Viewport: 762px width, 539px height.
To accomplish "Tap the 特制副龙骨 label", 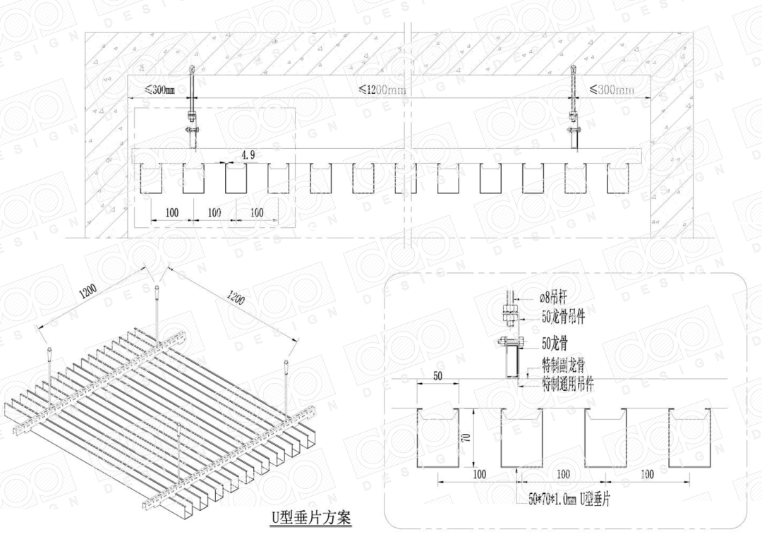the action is tap(562, 365).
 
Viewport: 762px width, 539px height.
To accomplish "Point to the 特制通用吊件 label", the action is tap(567, 384).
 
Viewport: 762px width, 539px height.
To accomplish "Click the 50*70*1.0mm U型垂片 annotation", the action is tap(569, 499).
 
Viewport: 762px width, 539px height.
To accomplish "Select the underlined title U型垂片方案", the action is tap(310, 517).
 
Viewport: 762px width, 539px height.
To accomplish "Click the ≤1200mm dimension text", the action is tap(382, 90).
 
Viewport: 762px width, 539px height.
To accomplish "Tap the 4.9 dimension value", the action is tap(248, 155).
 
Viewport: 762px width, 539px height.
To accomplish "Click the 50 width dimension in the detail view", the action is tap(437, 376).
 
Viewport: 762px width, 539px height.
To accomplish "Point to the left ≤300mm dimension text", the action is tap(159, 90).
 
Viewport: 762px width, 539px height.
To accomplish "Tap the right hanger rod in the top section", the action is tap(574, 106).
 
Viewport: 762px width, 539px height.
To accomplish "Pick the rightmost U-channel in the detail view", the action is tap(689, 437).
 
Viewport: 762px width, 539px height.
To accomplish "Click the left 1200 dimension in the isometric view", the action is tap(90, 290).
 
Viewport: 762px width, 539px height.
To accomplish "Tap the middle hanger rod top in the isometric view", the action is tap(155, 289).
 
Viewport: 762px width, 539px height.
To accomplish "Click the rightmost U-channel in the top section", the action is tap(618, 178).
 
